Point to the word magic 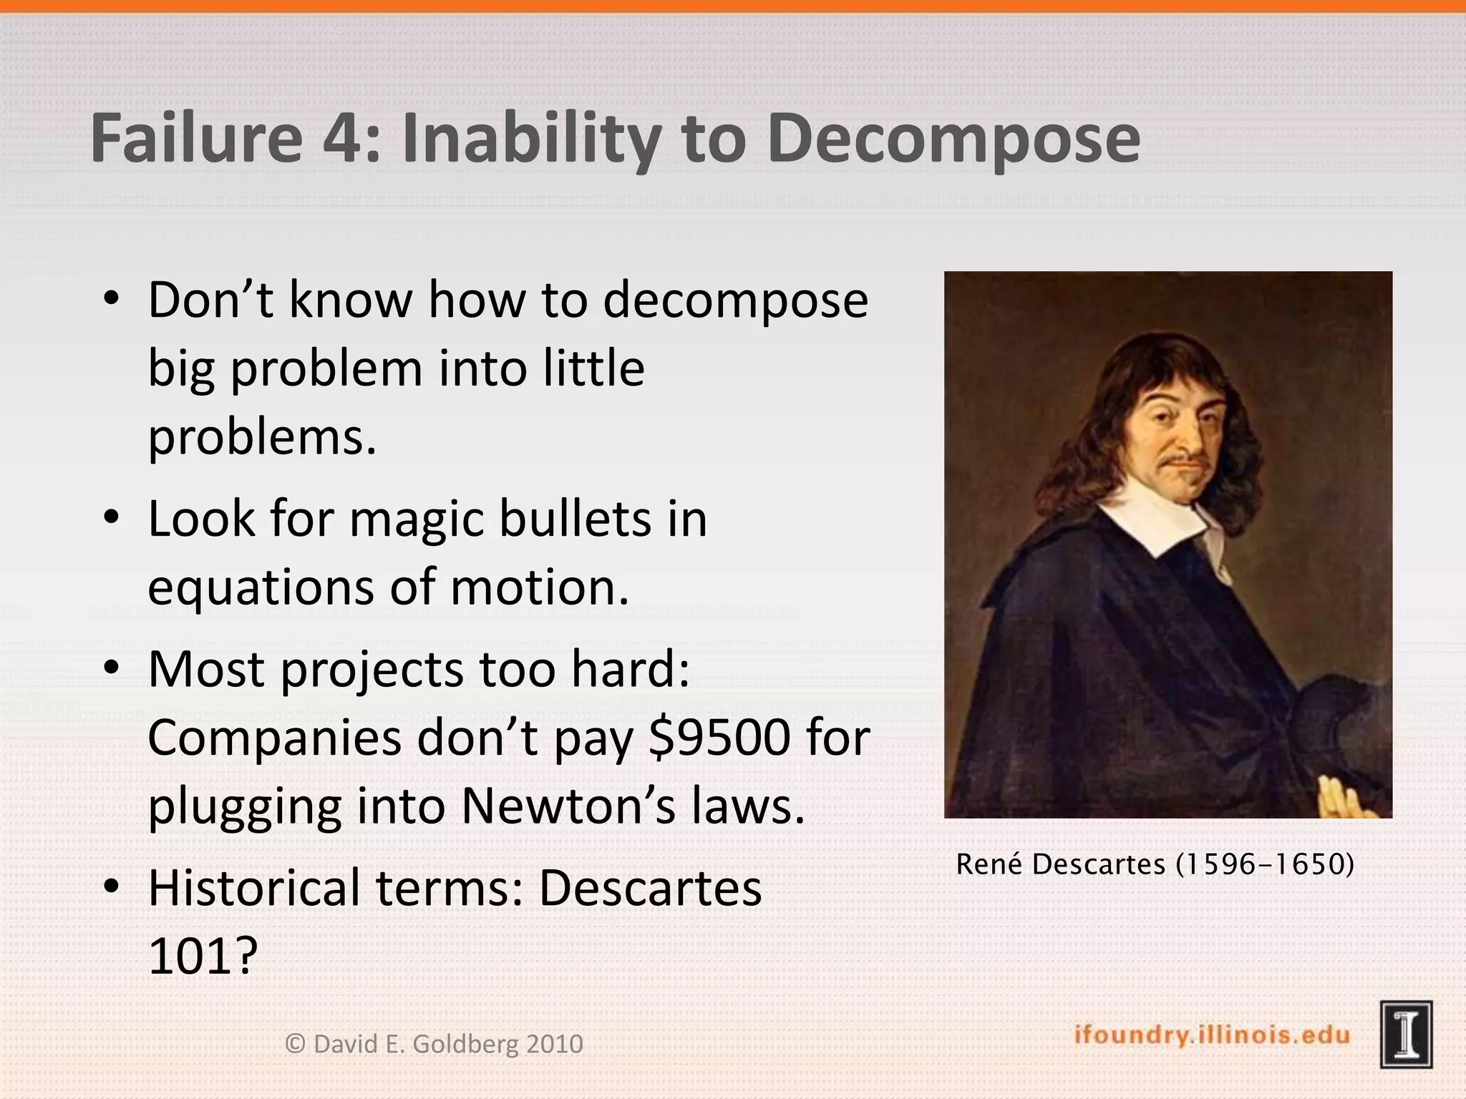coord(417,521)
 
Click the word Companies coord(275,738)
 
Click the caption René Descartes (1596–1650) coord(1155,864)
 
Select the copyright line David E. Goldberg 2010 coord(435,1044)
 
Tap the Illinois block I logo coord(1406,1035)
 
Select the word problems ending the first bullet coord(262,437)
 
